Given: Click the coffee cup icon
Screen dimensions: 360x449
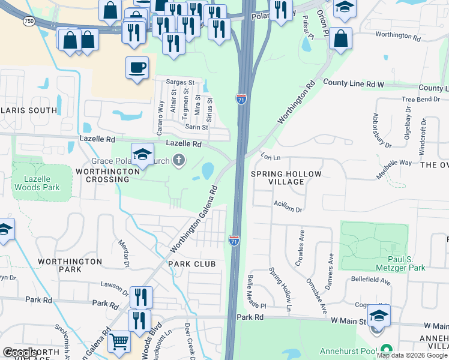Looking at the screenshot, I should coord(137,67).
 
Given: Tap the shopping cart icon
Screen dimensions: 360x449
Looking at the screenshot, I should coord(119,341).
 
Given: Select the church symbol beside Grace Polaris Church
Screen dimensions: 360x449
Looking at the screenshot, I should coord(178,160).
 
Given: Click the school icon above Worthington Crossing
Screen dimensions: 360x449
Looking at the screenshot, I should coord(142,154).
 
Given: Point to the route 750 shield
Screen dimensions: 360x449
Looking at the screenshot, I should coord(29,21).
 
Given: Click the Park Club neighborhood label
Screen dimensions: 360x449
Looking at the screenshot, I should coord(191,264).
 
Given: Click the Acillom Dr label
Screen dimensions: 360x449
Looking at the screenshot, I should coord(288,206).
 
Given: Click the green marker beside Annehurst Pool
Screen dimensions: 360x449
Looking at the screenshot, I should coord(387,349).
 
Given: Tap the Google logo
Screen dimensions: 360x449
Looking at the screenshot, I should coord(20,352).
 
